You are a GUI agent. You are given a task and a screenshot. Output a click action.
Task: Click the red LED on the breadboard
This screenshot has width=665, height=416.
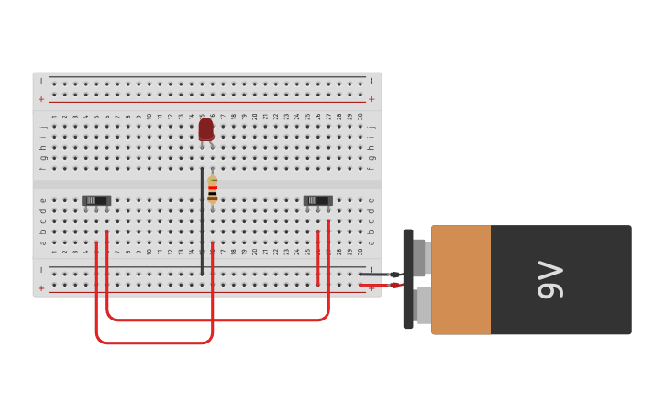coord(205,129)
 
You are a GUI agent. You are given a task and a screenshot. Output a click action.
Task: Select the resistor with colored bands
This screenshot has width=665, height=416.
coord(213,189)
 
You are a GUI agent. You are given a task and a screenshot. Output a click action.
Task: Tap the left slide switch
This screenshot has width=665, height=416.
coord(96,200)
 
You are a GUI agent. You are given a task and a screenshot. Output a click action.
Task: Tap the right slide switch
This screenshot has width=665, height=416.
coord(317,200)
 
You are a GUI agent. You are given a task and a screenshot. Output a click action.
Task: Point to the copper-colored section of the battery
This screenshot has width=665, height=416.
coord(460,280)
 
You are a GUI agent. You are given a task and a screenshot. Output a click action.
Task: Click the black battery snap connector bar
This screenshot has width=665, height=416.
coord(407,279)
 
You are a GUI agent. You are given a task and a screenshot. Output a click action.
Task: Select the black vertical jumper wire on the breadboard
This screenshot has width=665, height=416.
coord(202,220)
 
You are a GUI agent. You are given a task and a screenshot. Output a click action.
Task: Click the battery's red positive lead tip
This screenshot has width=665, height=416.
coord(394,286)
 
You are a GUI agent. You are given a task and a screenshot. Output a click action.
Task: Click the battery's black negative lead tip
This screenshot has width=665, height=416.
coord(394,275)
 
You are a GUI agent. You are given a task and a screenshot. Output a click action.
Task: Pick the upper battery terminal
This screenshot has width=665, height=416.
coord(420,257)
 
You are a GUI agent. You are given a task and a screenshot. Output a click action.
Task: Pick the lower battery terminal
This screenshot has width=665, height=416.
coord(422,305)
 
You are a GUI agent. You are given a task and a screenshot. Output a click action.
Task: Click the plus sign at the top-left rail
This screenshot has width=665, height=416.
coord(41,99)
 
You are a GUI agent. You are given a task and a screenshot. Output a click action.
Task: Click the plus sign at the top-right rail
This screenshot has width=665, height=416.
coord(371,99)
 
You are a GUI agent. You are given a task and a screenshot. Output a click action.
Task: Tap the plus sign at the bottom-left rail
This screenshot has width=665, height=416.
coord(41,287)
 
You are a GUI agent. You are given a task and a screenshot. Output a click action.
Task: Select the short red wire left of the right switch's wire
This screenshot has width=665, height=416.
coord(318,258)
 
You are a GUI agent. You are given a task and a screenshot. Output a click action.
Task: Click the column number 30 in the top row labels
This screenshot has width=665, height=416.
coord(360,117)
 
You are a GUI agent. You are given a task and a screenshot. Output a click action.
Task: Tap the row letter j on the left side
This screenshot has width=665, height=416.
coord(42,127)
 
